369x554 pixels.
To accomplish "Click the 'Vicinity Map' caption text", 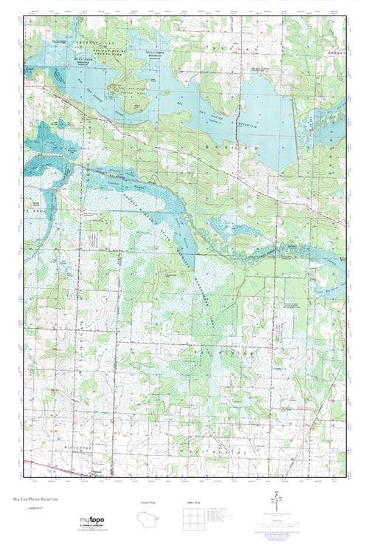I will click(x=148, y=503).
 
